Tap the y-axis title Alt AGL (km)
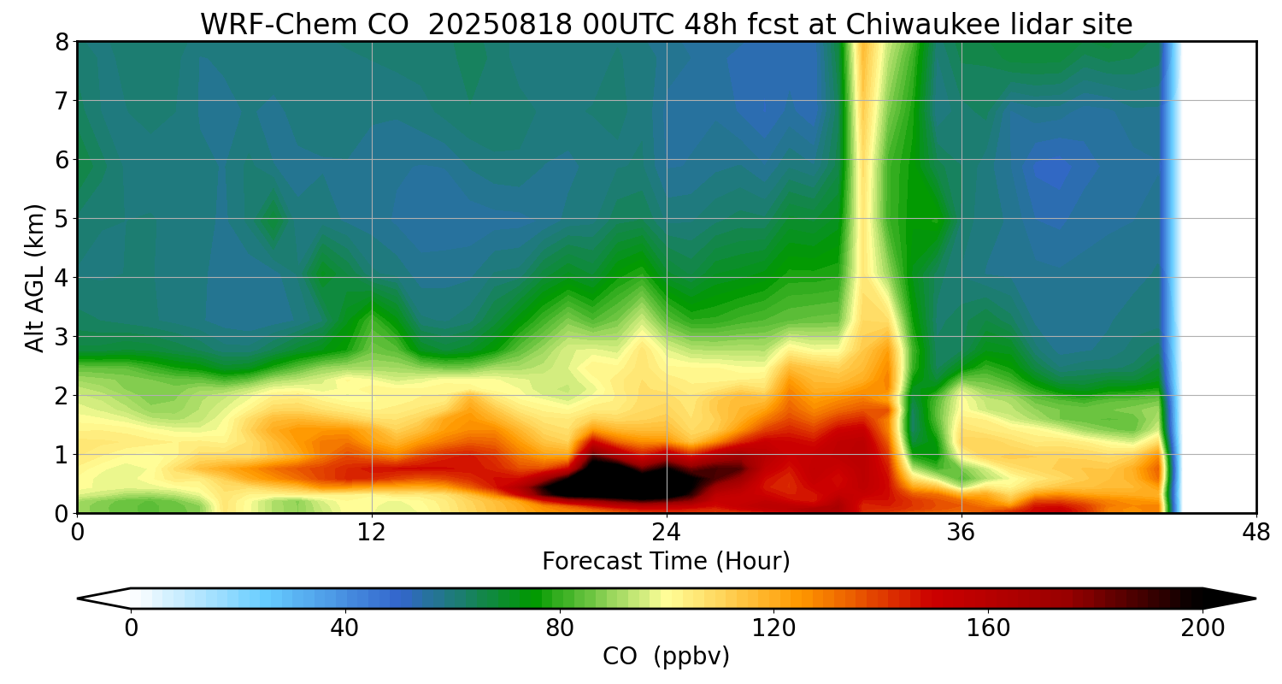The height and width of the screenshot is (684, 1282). pyautogui.click(x=35, y=277)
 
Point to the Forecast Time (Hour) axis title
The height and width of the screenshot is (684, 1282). pyautogui.click(x=666, y=562)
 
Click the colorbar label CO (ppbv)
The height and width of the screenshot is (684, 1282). pyautogui.click(x=666, y=657)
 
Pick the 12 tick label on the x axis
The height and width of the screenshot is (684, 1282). pyautogui.click(x=372, y=533)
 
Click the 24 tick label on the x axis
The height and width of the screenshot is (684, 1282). pyautogui.click(x=666, y=533)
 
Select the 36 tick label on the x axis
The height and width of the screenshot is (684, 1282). pyautogui.click(x=961, y=533)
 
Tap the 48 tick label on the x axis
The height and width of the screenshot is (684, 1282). pyautogui.click(x=1256, y=533)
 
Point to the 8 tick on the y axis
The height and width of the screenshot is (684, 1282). pyautogui.click(x=62, y=42)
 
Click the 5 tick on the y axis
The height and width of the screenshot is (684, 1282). pyautogui.click(x=62, y=219)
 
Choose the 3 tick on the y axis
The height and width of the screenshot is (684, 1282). pyautogui.click(x=62, y=337)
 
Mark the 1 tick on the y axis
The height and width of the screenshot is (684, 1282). pyautogui.click(x=62, y=455)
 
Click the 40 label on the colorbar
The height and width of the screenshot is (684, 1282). pyautogui.click(x=344, y=628)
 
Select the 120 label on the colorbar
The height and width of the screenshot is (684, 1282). pyautogui.click(x=773, y=628)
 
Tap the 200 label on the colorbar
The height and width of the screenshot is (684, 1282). pyautogui.click(x=1203, y=628)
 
